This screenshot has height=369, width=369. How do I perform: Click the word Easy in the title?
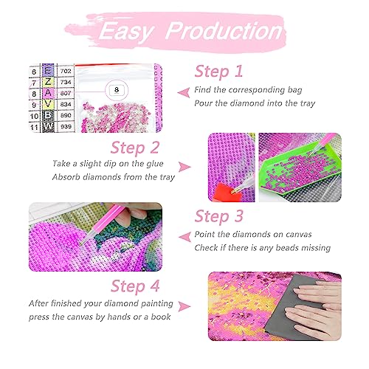click(x=126, y=32)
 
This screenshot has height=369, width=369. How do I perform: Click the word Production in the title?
click(x=224, y=31)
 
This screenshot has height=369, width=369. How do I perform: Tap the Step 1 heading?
click(x=218, y=72)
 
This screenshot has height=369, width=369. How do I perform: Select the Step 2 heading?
click(x=135, y=148)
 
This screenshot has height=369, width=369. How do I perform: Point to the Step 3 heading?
click(x=218, y=216)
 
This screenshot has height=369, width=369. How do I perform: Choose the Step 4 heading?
click(x=135, y=286)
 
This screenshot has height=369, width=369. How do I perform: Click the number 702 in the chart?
click(x=66, y=71)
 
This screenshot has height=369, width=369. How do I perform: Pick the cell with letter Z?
click(x=48, y=82)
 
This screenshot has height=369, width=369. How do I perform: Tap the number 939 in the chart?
click(x=66, y=126)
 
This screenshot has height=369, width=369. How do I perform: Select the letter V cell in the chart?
click(x=48, y=104)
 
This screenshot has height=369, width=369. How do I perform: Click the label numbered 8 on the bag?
click(x=117, y=90)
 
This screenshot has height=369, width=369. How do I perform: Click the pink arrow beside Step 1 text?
click(x=184, y=92)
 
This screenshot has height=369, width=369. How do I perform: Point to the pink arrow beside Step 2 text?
click(x=184, y=167)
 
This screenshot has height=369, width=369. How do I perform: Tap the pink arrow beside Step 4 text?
click(x=184, y=306)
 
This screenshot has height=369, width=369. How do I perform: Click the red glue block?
click(x=226, y=193)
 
